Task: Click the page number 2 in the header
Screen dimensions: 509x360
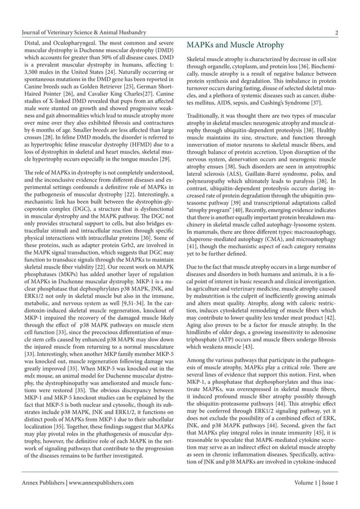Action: (336, 33)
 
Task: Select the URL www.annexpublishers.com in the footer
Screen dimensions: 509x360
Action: (102, 483)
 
